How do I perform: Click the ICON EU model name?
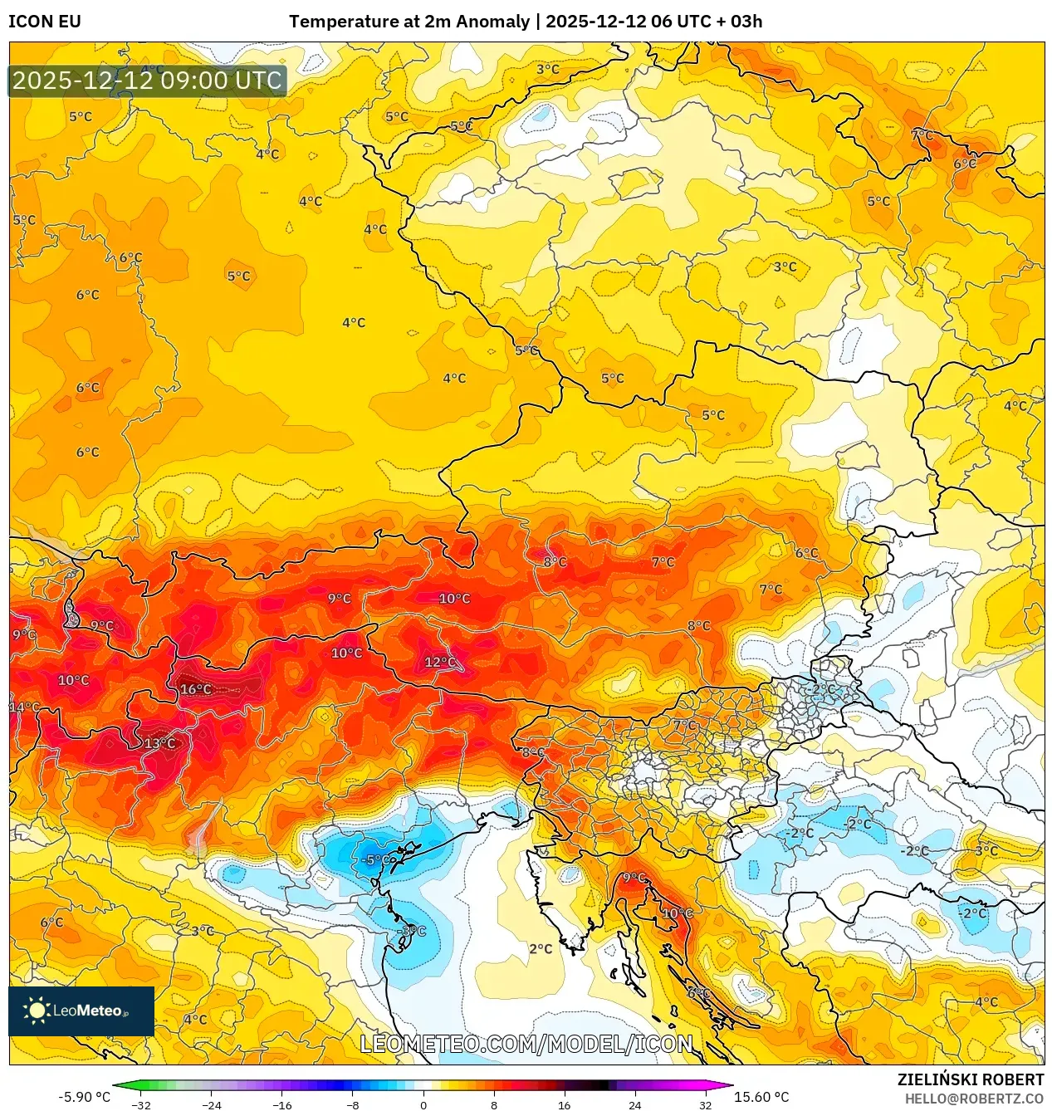45,22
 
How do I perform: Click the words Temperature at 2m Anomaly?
409,22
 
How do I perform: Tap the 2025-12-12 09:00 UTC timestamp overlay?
148,81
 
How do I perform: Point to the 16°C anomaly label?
196,689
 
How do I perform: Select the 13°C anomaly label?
159,743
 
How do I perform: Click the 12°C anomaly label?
440,662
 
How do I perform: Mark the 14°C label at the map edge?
24,707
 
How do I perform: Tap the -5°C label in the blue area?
376,859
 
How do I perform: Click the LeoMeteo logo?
81,1011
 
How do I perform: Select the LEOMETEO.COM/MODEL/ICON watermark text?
526,1044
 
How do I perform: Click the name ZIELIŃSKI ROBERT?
970,1079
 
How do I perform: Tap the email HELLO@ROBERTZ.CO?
974,1099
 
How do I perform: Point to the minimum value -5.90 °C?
84,1097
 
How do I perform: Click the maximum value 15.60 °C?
761,1097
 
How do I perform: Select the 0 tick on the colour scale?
423,1105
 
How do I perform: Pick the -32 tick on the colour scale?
142,1105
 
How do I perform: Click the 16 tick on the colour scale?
564,1105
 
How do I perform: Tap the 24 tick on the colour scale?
634,1105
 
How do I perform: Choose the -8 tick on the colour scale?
353,1105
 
